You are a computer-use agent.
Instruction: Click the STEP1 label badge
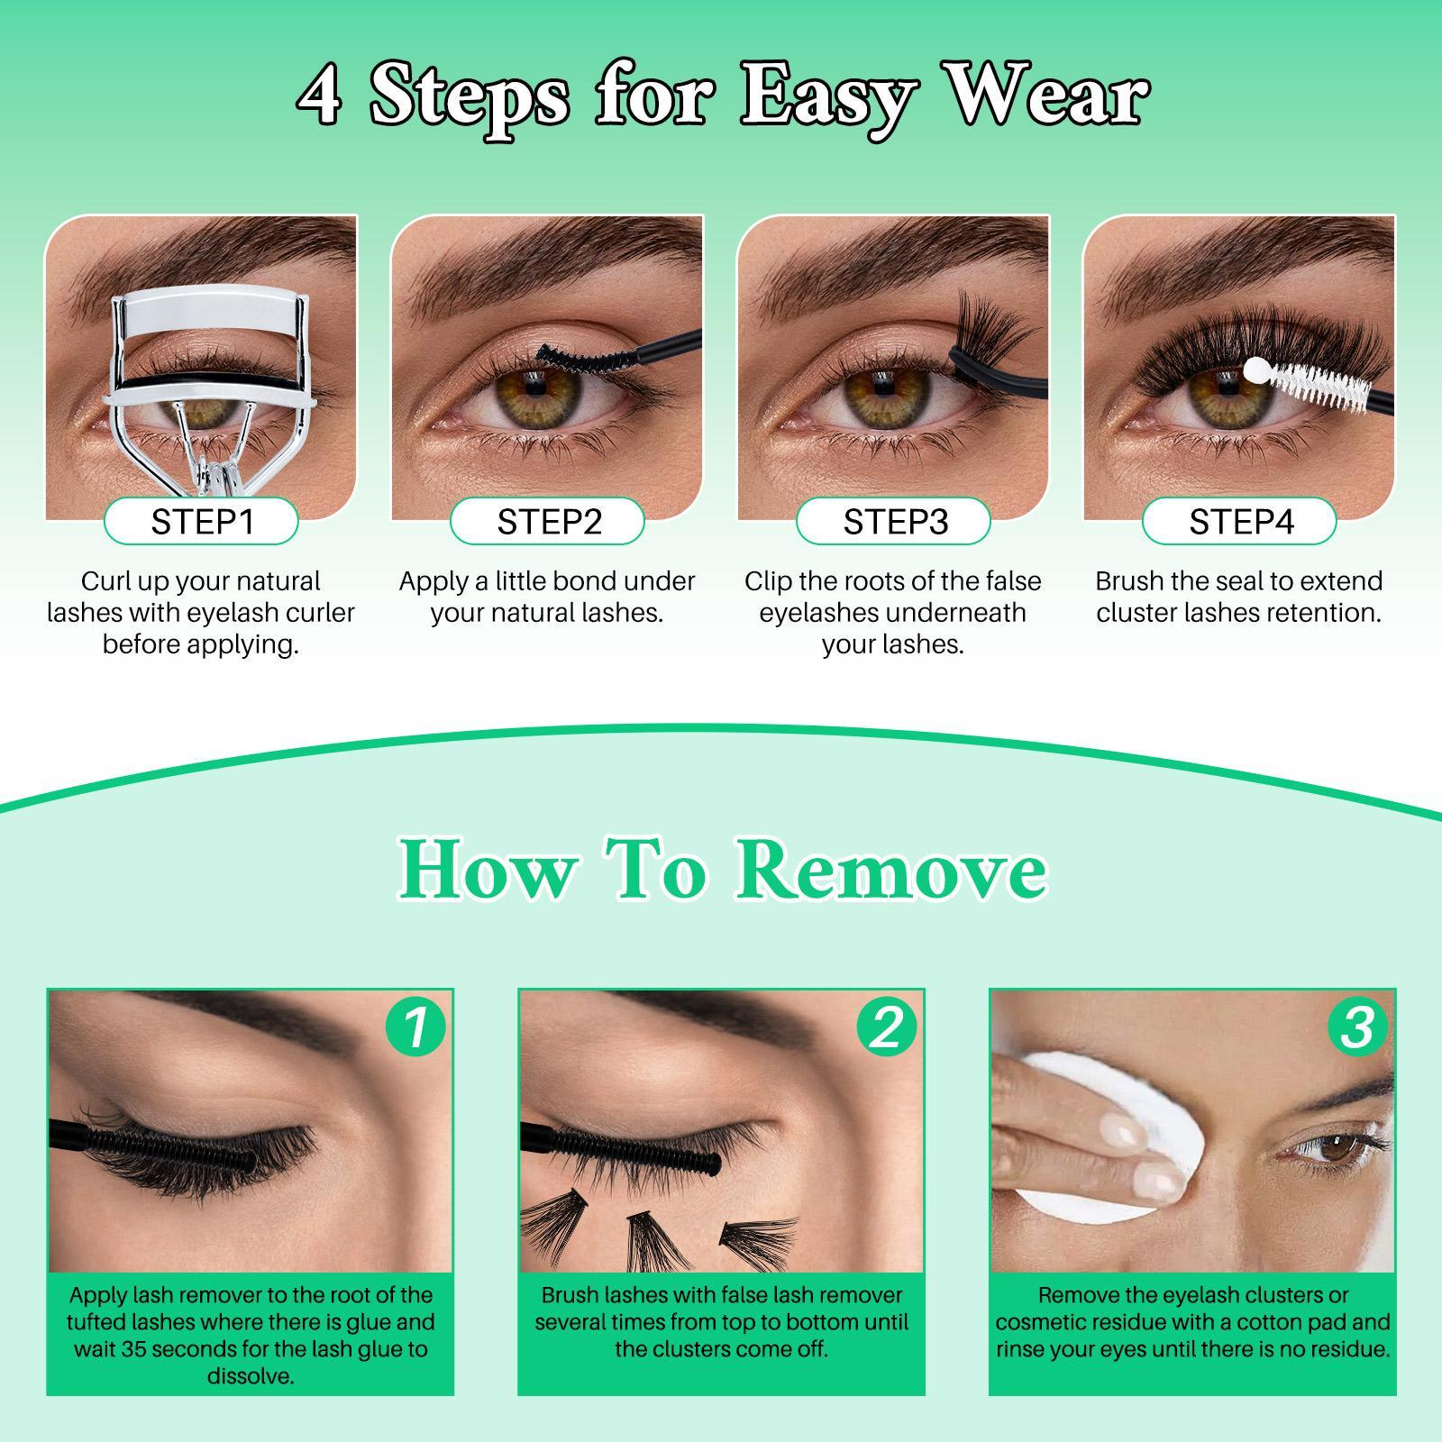click(x=201, y=522)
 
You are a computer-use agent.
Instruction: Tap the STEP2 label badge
click(x=548, y=522)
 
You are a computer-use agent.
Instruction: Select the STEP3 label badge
click(x=894, y=522)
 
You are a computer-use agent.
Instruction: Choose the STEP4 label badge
click(x=1240, y=522)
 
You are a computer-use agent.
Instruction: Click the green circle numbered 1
click(x=415, y=1027)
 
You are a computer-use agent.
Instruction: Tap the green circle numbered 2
click(x=887, y=1027)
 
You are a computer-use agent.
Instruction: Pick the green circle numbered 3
click(x=1357, y=1027)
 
